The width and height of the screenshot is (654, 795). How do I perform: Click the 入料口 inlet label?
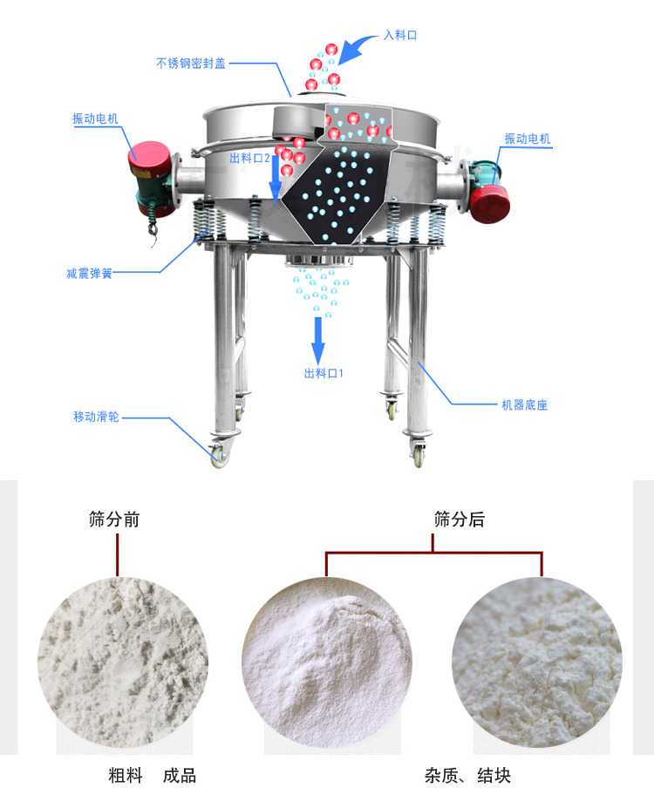(x=400, y=35)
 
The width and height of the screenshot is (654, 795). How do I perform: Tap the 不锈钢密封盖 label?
(x=191, y=63)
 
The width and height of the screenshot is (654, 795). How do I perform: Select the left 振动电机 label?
(x=95, y=119)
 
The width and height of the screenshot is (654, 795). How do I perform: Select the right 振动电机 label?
(x=528, y=139)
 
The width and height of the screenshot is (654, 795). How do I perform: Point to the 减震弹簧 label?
(x=89, y=274)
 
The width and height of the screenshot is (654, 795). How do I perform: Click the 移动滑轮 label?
(x=97, y=417)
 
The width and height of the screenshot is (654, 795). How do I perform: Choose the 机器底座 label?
(x=525, y=404)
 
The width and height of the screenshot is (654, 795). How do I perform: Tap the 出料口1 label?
(x=324, y=374)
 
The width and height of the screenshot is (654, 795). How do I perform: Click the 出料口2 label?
(x=249, y=158)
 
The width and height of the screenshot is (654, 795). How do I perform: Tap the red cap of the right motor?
(x=489, y=203)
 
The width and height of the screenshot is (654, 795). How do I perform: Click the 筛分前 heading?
(x=114, y=520)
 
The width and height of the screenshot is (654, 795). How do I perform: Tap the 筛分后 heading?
(x=460, y=520)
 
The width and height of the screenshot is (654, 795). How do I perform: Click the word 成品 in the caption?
(x=180, y=776)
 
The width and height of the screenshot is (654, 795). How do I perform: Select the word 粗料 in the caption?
(x=126, y=776)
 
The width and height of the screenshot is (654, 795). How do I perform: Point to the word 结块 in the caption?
(x=494, y=776)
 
